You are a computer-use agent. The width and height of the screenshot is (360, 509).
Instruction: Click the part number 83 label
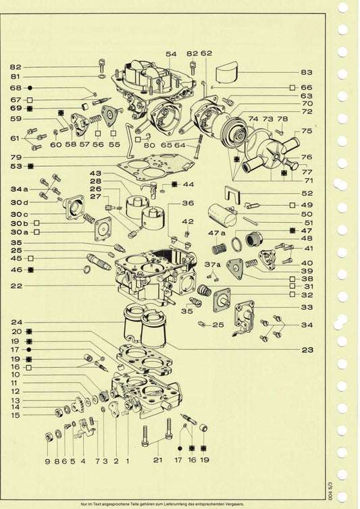coord(307,72)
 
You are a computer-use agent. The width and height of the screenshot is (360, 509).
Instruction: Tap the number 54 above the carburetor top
coord(172,54)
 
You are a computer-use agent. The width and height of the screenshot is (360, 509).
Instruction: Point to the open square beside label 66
coord(292,87)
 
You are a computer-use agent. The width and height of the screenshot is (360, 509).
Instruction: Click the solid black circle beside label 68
coord(30,88)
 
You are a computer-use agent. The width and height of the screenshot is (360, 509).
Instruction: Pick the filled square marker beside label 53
coord(30,166)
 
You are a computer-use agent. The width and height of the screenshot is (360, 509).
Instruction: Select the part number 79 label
coord(16,157)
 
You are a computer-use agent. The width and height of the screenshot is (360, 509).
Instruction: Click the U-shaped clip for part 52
coord(232,194)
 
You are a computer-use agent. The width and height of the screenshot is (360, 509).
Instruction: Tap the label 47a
coord(216,233)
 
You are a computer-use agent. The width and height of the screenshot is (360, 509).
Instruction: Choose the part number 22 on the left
coord(16,286)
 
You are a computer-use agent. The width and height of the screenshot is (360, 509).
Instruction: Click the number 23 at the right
coord(307,350)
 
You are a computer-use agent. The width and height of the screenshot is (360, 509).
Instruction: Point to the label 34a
coord(19,189)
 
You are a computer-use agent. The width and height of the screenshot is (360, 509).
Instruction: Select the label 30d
coord(19,203)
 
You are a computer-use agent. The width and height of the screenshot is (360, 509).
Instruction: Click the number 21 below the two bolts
coord(158,460)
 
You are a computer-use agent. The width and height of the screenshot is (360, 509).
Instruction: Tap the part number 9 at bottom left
coord(47,461)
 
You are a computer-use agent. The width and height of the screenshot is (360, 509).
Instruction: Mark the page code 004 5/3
coord(330,491)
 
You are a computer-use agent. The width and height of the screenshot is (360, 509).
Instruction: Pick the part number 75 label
coord(307,131)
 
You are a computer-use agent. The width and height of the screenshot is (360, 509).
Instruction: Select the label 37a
coord(213,265)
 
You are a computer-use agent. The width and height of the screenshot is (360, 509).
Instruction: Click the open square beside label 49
coord(292,205)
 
